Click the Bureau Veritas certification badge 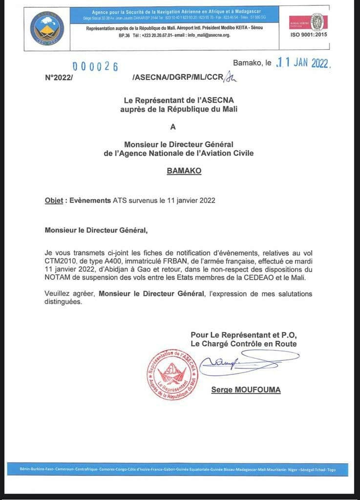[x=315, y=21]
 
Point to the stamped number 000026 [x=95, y=67]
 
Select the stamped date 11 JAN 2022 [x=303, y=63]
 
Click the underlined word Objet [x=54, y=200]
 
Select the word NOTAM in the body [x=59, y=277]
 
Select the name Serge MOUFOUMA [x=246, y=390]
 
